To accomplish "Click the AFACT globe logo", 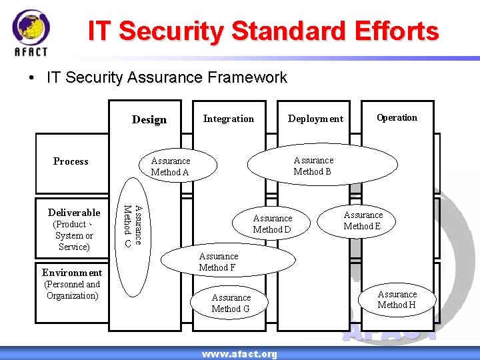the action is pos(31,30).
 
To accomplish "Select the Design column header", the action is pos(149,119).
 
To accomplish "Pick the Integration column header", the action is pos(228,119).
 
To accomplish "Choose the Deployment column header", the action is pos(315,119).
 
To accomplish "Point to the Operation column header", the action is pos(397,118).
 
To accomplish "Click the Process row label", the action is pos(71,161).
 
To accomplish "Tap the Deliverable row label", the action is pos(74,213).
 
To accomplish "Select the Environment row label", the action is pos(72,272).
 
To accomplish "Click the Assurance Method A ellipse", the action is pos(171,166).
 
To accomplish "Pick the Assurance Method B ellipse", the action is pos(313,165).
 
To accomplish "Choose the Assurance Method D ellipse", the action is pos(272,223).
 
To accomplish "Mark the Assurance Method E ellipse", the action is pos(363,221).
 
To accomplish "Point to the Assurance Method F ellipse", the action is pos(218,261).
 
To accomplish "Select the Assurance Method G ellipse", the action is pos(231,303).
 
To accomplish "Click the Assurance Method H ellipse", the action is pos(397,299).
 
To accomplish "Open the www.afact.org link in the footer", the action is pos(239,354).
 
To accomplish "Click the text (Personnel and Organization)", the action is pos(72,290).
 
